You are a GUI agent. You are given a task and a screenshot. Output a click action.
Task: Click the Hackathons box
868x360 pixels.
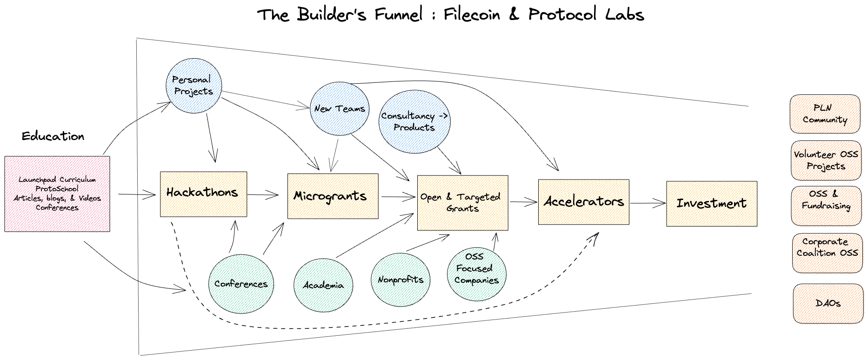[x=203, y=194]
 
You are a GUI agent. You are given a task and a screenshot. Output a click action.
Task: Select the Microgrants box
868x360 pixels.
[x=333, y=196]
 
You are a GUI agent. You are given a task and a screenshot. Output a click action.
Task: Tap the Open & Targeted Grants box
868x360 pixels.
[x=462, y=203]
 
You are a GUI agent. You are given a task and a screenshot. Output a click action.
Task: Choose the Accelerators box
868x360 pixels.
[x=583, y=202]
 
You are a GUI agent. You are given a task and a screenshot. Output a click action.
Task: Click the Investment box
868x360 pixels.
[x=711, y=204]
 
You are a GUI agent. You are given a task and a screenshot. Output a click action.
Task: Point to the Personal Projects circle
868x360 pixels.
[x=194, y=86]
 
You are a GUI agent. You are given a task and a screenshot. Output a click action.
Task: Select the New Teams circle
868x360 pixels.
[x=340, y=108]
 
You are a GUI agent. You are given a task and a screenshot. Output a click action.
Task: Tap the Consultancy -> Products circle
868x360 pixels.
[x=414, y=121]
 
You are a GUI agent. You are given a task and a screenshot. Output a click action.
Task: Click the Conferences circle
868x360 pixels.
[x=241, y=284]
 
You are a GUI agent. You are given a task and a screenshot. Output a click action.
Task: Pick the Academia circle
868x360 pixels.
[x=323, y=285]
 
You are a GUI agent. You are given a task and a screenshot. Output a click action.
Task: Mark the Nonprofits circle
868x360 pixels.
[x=401, y=280]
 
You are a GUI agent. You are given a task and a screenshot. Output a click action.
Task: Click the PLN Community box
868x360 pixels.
[x=825, y=114]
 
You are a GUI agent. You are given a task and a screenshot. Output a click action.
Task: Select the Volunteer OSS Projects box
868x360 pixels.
[x=826, y=160]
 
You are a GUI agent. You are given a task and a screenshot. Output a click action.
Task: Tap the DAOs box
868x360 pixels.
[x=828, y=303]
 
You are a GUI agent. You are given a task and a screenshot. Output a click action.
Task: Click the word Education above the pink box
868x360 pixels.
[x=53, y=136]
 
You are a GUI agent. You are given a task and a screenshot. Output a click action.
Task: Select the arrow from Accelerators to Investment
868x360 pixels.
[x=648, y=203]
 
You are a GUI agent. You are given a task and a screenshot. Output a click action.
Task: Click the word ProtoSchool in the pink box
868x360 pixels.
[x=57, y=189]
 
